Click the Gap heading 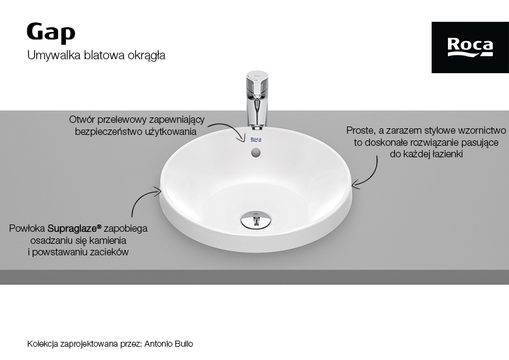51,33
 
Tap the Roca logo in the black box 470,47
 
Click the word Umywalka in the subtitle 54,55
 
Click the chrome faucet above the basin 256,99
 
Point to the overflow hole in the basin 256,152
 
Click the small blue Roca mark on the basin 256,140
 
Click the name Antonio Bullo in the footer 169,344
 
